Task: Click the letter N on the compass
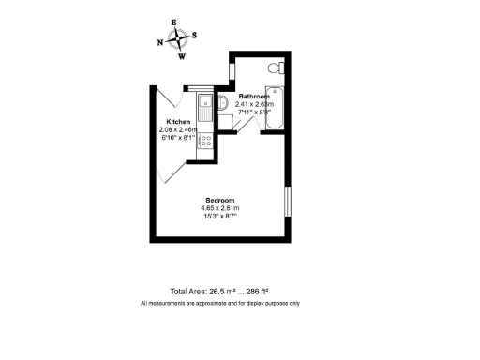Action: (160, 42)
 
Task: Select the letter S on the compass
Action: (194, 36)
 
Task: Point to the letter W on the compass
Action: (182, 56)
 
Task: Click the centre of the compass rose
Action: (177, 39)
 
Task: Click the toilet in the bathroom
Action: (275, 67)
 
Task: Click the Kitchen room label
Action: (179, 123)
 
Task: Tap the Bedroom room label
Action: (220, 200)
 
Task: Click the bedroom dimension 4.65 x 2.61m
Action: (220, 208)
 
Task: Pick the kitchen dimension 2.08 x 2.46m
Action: (179, 130)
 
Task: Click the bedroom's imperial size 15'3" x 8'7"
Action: (220, 217)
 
